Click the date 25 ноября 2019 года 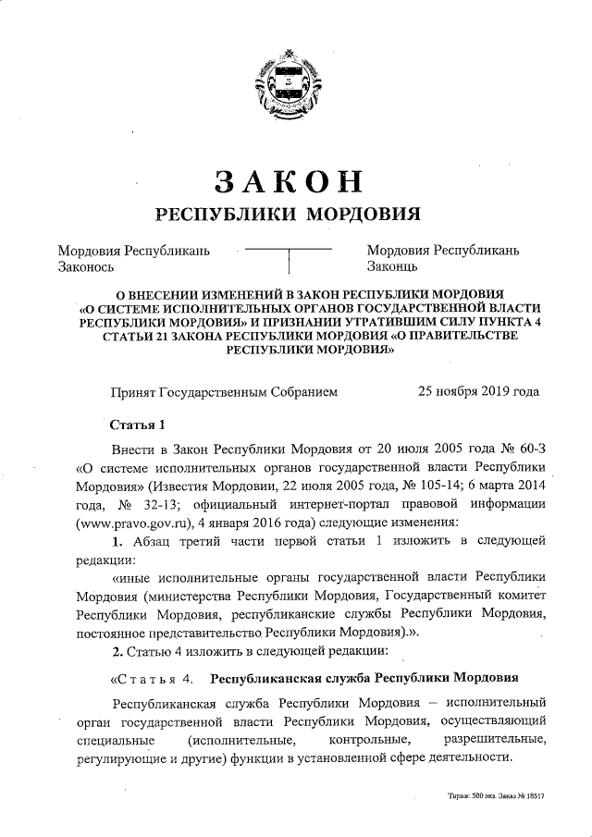(478, 391)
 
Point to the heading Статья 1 (137, 425)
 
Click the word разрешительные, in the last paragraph (494, 740)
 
